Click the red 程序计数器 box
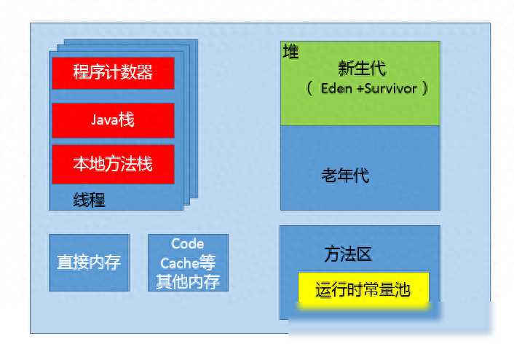pos(113,73)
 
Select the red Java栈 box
pos(113,120)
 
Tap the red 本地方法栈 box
pos(113,165)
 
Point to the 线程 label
pos(89,200)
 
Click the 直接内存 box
pos(89,262)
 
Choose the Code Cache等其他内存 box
pos(188,262)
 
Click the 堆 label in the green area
pos(290,52)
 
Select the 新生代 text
pos(362,69)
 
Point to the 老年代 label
pos(346,175)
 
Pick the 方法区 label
pos(348,254)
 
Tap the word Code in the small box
pos(188,244)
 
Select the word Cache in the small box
pos(180,263)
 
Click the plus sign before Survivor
pos(360,89)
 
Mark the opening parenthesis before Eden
pos(309,89)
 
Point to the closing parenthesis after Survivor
pos(425,88)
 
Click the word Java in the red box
pos(105,120)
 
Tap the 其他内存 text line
pos(188,282)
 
